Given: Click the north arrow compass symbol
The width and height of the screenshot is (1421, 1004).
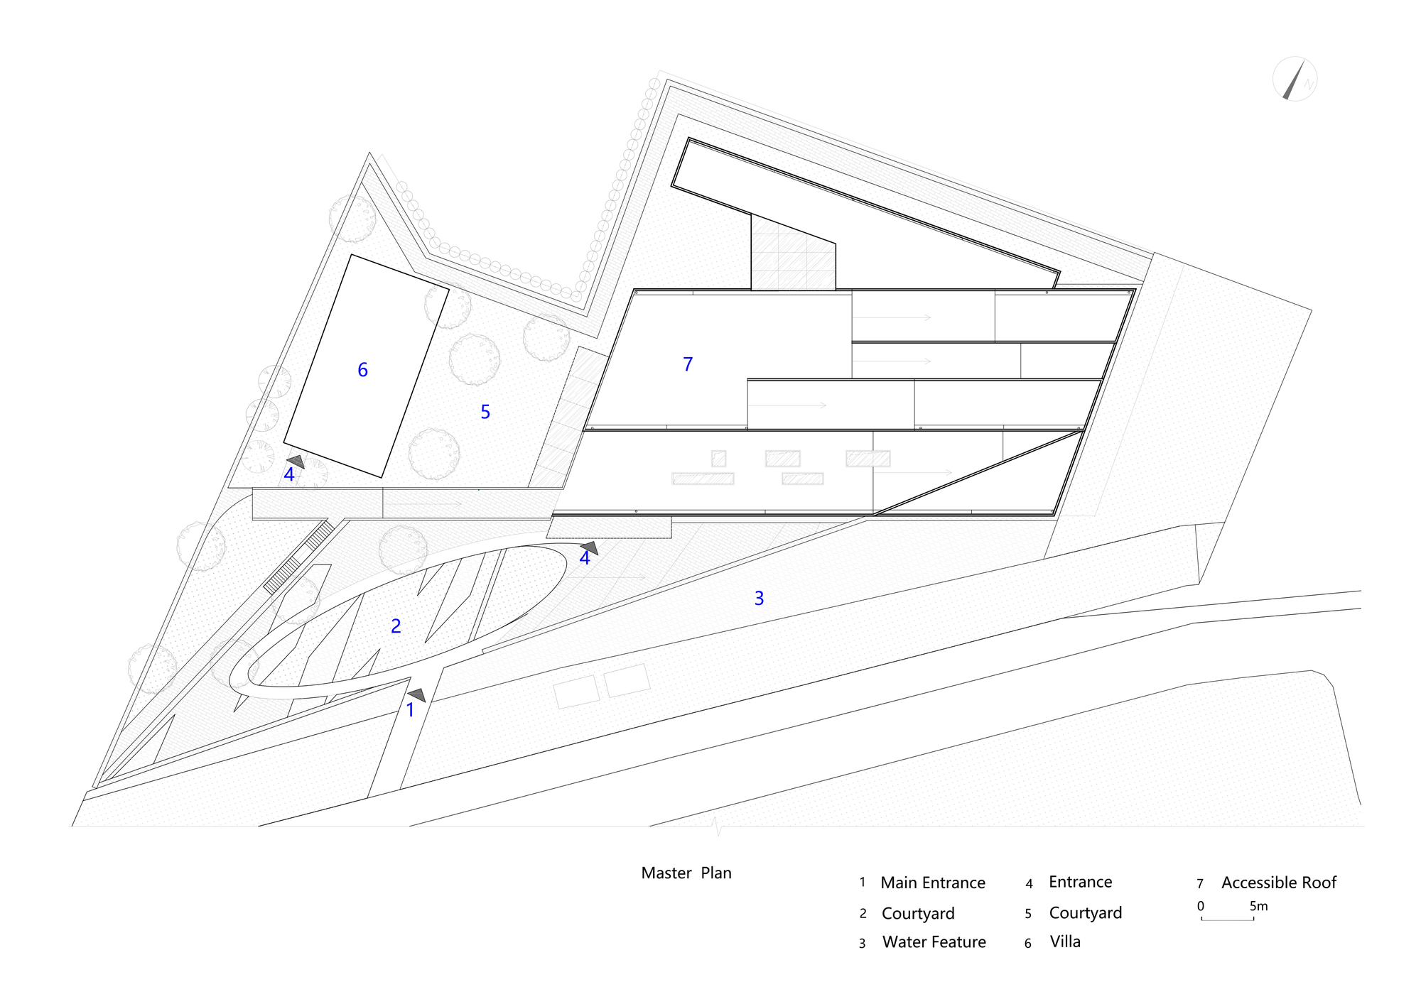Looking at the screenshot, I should click(x=1295, y=79).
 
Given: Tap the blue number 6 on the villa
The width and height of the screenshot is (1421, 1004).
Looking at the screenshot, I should click(x=362, y=370).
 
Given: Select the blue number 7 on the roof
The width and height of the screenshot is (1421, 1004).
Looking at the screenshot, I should click(x=688, y=364).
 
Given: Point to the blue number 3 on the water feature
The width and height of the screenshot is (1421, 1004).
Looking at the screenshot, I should click(x=759, y=599).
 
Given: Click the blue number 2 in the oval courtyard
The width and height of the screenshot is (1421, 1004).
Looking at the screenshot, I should click(x=396, y=626).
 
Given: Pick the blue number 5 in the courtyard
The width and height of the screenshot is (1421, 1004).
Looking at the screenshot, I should click(x=485, y=412).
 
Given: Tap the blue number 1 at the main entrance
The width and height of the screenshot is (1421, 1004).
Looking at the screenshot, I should click(x=410, y=709).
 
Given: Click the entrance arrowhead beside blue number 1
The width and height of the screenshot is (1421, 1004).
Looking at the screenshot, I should click(x=418, y=695).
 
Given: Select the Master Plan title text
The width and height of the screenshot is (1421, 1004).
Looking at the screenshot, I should click(x=686, y=873).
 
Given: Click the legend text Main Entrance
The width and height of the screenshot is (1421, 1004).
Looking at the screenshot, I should click(x=933, y=883).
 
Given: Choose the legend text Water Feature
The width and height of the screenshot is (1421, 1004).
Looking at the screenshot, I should click(x=934, y=942).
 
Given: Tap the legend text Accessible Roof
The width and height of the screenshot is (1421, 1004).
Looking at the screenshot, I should click(x=1279, y=883).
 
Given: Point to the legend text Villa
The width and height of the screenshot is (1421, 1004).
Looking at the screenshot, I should click(x=1065, y=942).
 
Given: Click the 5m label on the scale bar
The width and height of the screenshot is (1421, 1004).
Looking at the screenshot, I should click(x=1258, y=906).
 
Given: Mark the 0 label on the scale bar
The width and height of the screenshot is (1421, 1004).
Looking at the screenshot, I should click(x=1201, y=906).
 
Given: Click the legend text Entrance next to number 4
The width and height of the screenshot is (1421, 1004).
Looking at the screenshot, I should click(x=1081, y=882).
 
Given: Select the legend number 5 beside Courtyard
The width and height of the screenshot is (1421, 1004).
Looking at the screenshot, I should click(x=1028, y=914).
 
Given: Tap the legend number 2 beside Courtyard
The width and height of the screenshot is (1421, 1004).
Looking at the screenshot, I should click(x=863, y=914).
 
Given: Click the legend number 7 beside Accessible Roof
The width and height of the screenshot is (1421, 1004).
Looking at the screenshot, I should click(x=1200, y=884).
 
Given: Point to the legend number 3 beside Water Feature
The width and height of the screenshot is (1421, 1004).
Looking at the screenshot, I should click(x=862, y=944).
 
